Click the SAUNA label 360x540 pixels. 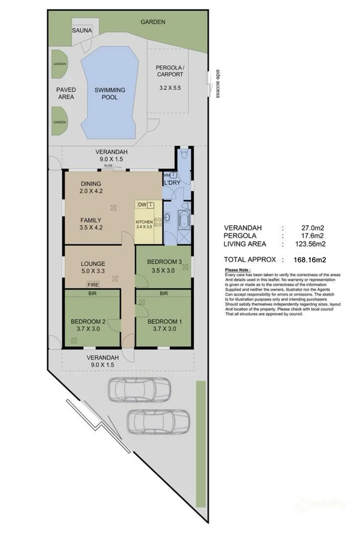(x=82, y=30)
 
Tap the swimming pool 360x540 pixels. (x=109, y=93)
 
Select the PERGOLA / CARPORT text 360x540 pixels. (x=169, y=70)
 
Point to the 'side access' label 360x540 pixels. (x=217, y=83)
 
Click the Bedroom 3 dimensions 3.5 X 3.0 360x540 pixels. (x=163, y=271)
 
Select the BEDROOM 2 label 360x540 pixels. (x=87, y=322)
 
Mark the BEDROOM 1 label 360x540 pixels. (x=163, y=322)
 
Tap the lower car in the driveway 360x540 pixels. (x=158, y=421)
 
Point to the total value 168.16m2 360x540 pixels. (x=309, y=259)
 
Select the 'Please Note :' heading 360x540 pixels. (x=238, y=270)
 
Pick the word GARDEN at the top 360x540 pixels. (x=152, y=22)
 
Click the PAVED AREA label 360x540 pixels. (x=66, y=93)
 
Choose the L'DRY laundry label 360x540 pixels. (x=172, y=183)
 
